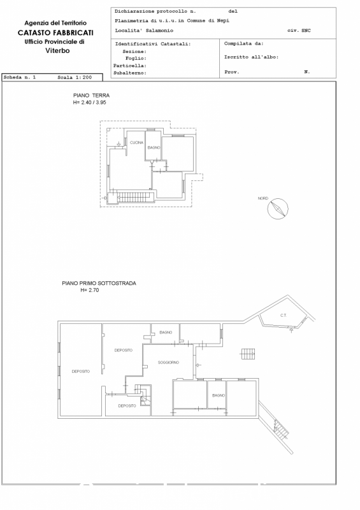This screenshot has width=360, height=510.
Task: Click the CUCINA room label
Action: click(136, 142)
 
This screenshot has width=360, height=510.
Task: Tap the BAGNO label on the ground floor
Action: click(154, 147)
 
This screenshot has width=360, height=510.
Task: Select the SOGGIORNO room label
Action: click(168, 362)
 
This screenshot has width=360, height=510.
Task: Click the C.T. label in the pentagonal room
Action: click(284, 315)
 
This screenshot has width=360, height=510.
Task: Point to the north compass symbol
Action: click(278, 208)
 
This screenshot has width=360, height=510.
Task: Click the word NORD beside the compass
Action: click(263, 198)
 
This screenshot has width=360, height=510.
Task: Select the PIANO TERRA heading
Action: click(91, 95)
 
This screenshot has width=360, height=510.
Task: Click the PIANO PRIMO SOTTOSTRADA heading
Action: click(99, 283)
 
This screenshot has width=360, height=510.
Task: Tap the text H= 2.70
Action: click(90, 290)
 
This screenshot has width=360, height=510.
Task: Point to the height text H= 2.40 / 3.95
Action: click(90, 103)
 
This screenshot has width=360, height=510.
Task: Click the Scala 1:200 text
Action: click(75, 77)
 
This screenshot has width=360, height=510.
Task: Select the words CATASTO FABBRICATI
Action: click(55, 33)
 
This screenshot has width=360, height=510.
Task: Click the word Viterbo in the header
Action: click(57, 50)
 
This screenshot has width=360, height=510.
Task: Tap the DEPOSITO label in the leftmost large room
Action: click(81, 372)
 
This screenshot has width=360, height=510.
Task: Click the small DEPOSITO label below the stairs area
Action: click(127, 406)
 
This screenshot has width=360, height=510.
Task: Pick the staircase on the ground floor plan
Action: click(134, 197)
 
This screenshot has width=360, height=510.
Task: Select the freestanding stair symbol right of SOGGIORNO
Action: click(248, 354)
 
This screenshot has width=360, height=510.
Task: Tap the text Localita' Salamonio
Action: click(144, 31)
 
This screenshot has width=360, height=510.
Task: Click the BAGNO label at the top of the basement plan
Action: click(166, 332)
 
